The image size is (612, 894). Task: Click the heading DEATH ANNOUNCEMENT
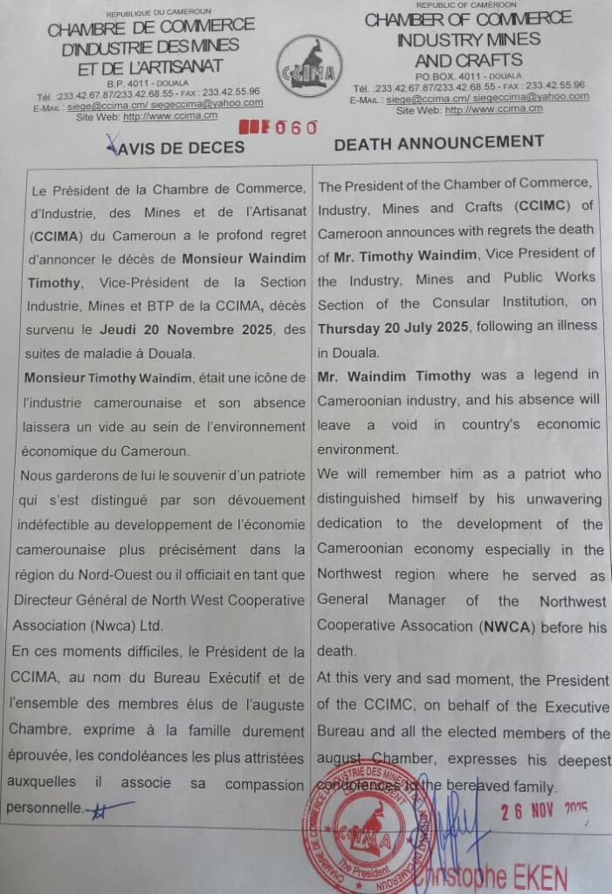(x=439, y=142)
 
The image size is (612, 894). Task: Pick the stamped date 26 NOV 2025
(x=543, y=811)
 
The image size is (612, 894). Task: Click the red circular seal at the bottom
(x=355, y=828)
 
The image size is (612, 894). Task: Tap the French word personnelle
(x=45, y=808)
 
